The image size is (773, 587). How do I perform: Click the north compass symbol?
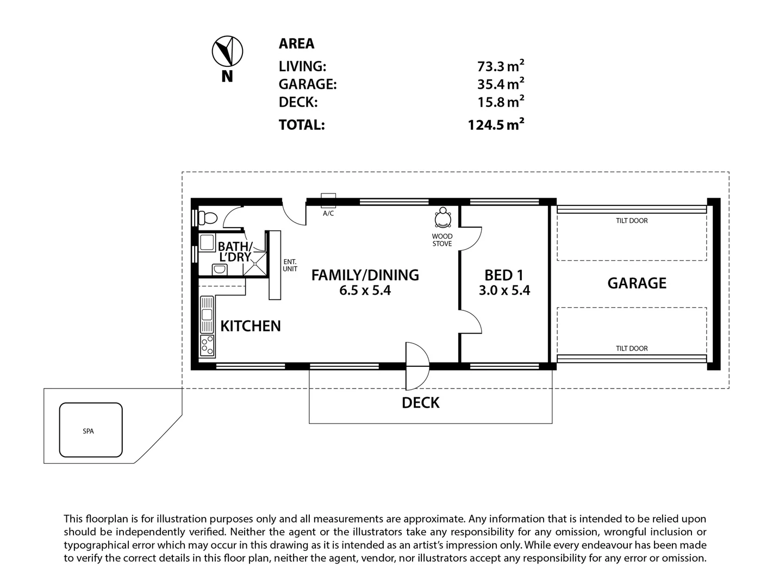point(227,52)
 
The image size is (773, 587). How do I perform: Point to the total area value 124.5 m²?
point(496,125)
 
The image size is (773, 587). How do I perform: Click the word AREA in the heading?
point(296,43)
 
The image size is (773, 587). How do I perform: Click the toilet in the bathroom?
point(208,218)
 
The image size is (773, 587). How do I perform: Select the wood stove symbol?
point(443,218)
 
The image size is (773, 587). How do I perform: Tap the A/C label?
point(328,214)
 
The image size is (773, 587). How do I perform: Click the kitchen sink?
point(207,314)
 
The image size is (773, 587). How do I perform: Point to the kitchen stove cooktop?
point(207,345)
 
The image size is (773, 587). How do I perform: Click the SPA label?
point(88,431)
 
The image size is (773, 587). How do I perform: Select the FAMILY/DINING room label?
point(365,275)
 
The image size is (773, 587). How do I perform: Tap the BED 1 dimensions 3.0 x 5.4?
point(504,291)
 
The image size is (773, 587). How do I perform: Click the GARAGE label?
point(637,283)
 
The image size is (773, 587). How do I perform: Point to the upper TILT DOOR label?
point(631,221)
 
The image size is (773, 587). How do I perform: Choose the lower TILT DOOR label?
point(631,348)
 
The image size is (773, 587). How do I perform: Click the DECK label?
point(420,403)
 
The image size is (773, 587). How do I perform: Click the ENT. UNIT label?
point(290,265)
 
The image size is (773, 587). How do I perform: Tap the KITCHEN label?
point(250,326)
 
